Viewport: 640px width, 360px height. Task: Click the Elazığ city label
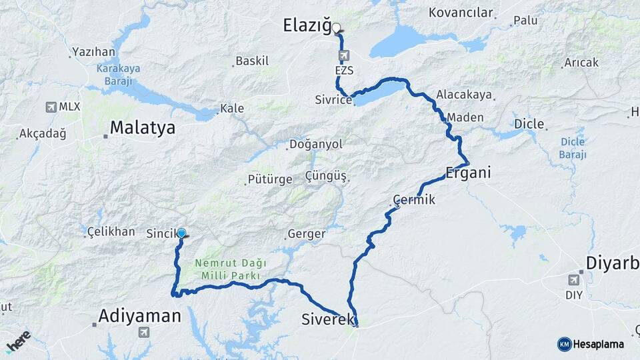click(x=307, y=27)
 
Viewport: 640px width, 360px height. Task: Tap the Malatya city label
click(x=142, y=127)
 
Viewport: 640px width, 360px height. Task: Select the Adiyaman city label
click(x=139, y=315)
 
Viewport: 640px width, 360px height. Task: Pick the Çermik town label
click(x=414, y=199)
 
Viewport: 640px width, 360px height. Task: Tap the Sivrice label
click(x=333, y=100)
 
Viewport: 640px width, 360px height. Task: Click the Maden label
click(x=461, y=117)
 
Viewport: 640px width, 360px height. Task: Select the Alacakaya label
click(x=464, y=95)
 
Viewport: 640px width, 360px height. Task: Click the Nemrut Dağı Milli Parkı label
click(x=226, y=269)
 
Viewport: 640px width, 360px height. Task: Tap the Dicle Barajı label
click(x=573, y=148)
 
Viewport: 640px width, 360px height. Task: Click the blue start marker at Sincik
click(x=181, y=233)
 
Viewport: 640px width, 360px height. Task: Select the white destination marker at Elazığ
click(x=337, y=28)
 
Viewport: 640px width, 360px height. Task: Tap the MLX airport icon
click(x=51, y=107)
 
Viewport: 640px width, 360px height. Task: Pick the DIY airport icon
click(x=573, y=279)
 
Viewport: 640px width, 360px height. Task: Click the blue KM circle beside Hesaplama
click(x=564, y=344)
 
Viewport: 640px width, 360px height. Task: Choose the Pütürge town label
click(x=269, y=179)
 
